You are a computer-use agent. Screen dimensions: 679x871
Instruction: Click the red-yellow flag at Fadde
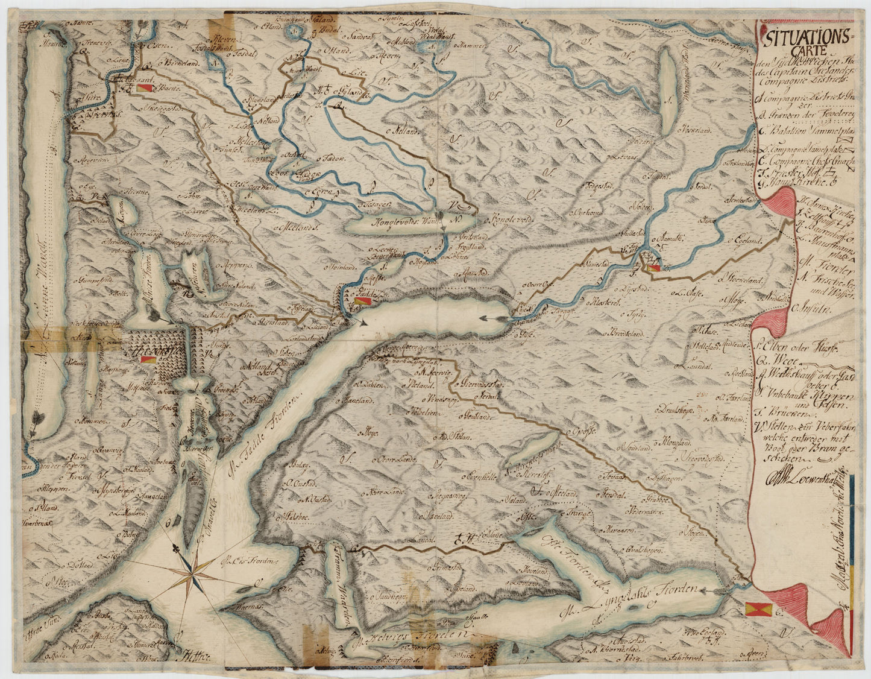(361, 300)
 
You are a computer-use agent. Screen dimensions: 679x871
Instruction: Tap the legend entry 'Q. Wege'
(778, 361)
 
